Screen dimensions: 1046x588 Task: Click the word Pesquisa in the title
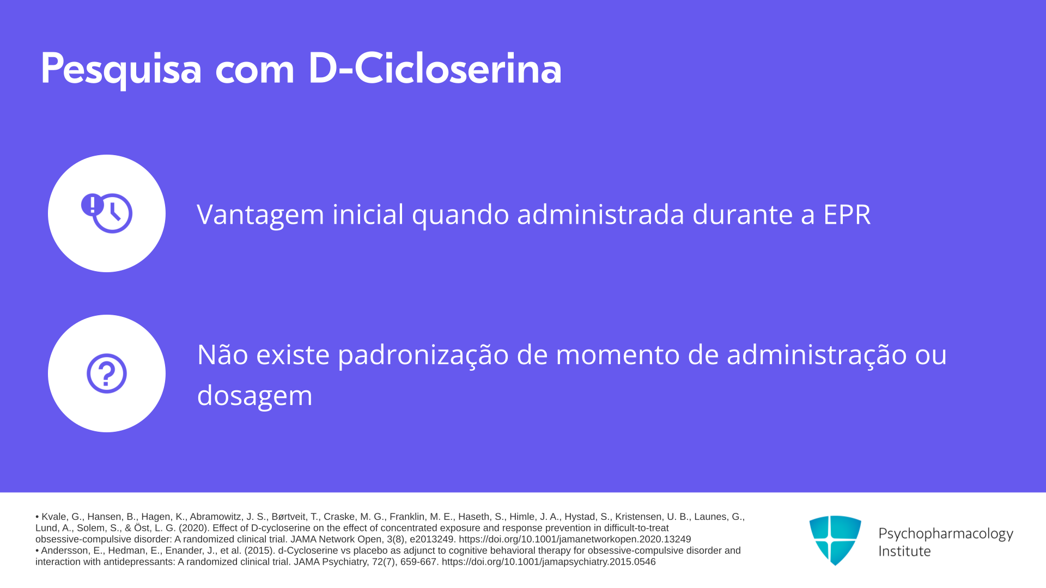[121, 69]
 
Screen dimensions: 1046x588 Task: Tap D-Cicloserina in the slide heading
[435, 68]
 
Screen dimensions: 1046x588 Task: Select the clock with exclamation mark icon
[107, 213]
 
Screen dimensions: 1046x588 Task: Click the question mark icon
[107, 373]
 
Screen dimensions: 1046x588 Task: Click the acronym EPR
[847, 214]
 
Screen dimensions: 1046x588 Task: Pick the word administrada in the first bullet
[600, 214]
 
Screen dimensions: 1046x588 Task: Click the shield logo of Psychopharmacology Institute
[835, 540]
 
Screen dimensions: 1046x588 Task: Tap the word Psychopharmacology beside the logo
[946, 534]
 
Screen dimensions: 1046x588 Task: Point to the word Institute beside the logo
[904, 551]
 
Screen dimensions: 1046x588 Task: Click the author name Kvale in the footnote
[54, 517]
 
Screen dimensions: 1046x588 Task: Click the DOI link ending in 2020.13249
[575, 539]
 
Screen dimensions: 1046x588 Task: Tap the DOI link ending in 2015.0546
[549, 562]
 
